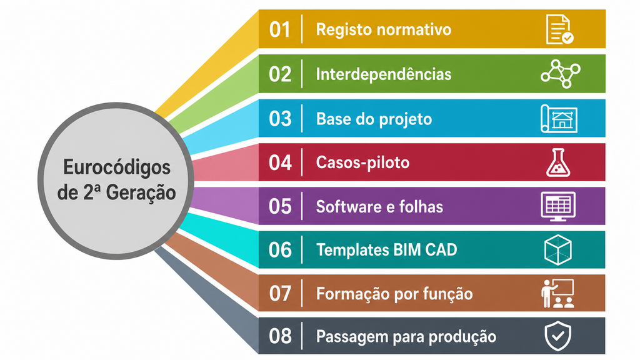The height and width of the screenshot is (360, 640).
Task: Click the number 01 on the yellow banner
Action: [279, 30]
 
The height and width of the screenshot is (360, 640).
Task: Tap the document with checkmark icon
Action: [559, 29]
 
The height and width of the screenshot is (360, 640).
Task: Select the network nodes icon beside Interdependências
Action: [561, 74]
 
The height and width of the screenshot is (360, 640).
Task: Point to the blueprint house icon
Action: [559, 119]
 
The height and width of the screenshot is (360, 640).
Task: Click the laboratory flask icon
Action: [558, 162]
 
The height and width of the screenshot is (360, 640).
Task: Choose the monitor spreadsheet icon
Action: [558, 206]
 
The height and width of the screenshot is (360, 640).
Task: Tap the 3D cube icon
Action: [558, 250]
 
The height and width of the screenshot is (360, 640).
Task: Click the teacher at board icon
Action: [557, 293]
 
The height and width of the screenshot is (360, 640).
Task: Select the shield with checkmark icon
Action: [558, 336]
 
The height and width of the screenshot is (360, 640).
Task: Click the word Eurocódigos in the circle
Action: [117, 167]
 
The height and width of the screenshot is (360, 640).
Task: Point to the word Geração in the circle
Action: [141, 192]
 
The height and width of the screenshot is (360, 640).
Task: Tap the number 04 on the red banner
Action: [280, 163]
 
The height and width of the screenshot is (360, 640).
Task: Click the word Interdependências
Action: [384, 74]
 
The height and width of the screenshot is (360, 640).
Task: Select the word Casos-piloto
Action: [362, 162]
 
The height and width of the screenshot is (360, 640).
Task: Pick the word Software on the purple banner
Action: [348, 206]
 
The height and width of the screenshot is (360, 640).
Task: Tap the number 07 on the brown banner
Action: [280, 294]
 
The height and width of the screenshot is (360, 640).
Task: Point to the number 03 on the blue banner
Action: [280, 119]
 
